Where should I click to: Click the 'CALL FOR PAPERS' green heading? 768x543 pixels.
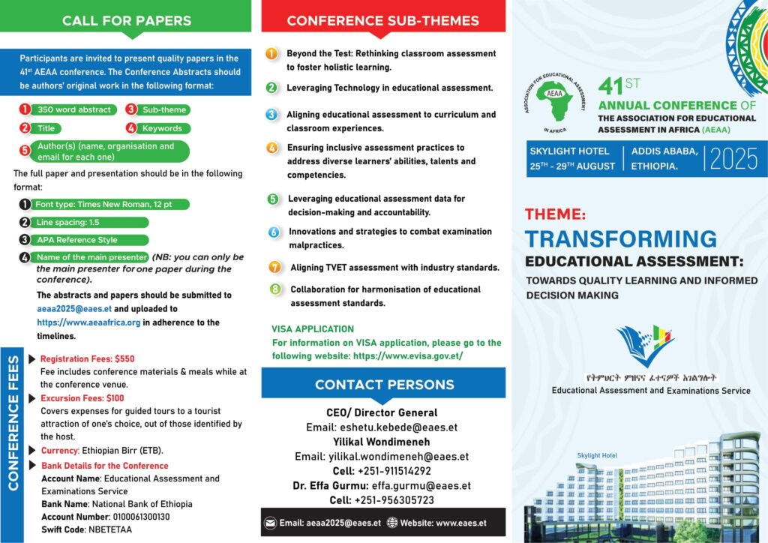(126, 20)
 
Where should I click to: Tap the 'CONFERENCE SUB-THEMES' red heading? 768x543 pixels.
(382, 20)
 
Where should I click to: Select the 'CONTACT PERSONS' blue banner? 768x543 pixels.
(384, 385)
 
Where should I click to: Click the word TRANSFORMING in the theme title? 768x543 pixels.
(620, 238)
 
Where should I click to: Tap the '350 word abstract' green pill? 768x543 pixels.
(73, 109)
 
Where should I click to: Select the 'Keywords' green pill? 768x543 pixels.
(162, 128)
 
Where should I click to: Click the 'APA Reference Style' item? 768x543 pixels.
(76, 240)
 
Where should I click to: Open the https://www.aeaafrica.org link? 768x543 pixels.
(88, 322)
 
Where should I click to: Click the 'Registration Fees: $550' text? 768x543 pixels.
(87, 358)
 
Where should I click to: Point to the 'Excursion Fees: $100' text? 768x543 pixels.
(82, 397)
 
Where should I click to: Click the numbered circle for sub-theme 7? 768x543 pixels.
(275, 267)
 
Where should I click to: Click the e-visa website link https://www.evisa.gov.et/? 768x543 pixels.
(407, 355)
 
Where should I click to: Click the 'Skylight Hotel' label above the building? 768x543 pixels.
(596, 455)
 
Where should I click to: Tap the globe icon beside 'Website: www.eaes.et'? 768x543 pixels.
(391, 523)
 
